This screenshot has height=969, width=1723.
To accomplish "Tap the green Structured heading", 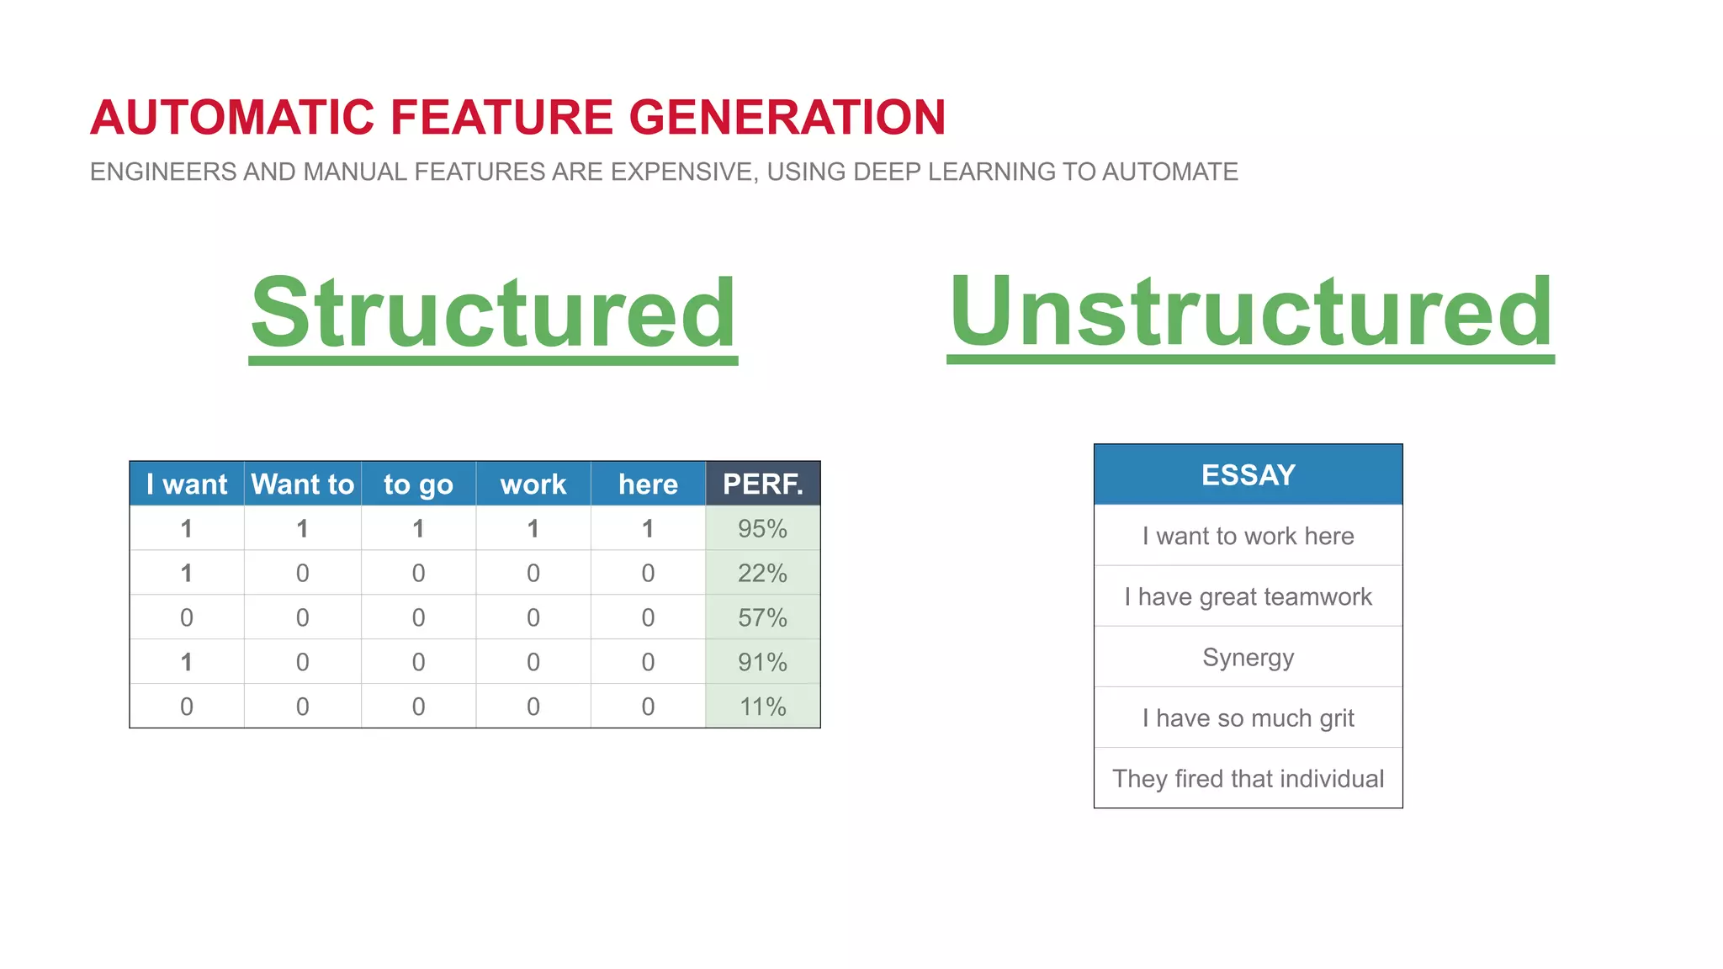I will (494, 313).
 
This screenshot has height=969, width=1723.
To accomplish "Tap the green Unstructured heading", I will (1250, 313).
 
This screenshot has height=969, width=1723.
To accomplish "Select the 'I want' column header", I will (187, 484).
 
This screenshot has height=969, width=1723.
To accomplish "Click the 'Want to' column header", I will (303, 484).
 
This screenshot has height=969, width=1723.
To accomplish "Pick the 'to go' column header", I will (418, 484).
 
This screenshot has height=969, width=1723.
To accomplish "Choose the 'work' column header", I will (533, 484).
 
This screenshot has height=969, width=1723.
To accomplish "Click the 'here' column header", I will (648, 484).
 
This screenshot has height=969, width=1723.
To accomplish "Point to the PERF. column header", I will (762, 484).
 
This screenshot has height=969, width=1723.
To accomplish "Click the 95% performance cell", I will (762, 528).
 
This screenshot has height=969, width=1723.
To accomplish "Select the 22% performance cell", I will (762, 573).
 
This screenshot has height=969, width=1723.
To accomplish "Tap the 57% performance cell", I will (762, 617).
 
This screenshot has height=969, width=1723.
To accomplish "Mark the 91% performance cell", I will (762, 662).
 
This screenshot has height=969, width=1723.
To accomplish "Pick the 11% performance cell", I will (762, 707).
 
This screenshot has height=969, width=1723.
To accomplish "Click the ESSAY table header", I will (1248, 475).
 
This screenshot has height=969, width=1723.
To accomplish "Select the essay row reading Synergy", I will (1248, 657).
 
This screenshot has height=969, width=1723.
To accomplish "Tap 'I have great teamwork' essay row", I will (1248, 596).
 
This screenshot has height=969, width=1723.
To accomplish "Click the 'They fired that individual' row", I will (1248, 778).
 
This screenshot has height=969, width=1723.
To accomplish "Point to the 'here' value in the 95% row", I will (648, 528).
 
